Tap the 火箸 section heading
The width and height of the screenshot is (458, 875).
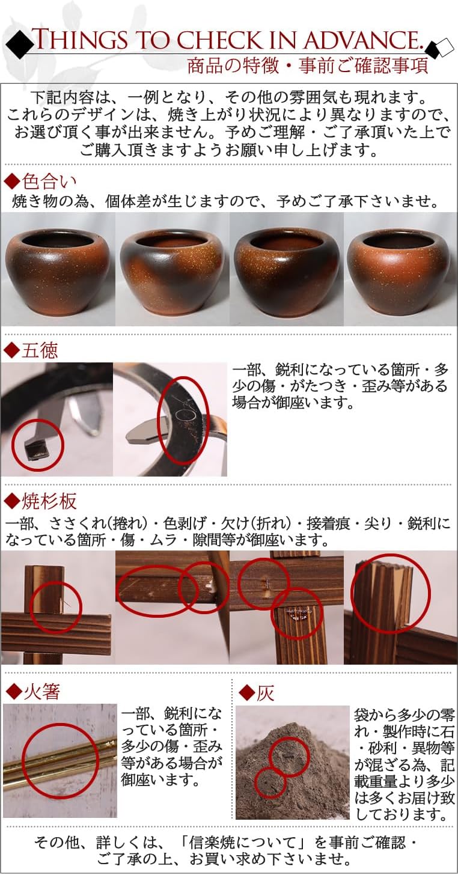34,692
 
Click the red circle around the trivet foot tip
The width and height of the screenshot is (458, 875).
37,445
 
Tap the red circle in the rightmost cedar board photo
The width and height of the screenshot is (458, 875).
391,593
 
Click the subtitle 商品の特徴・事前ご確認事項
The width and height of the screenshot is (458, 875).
307,66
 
